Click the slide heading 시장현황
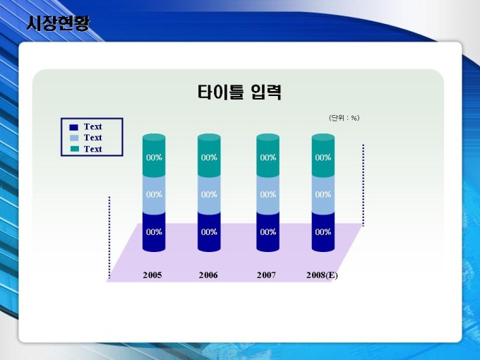pyautogui.click(x=58, y=23)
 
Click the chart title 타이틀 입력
pyautogui.click(x=239, y=92)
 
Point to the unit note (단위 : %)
pyautogui.click(x=344, y=118)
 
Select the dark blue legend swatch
pyautogui.click(x=74, y=127)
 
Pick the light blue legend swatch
pyautogui.click(x=74, y=138)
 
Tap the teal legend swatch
pyautogui.click(x=74, y=149)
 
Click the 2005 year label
pyautogui.click(x=152, y=275)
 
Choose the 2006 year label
pyautogui.click(x=208, y=275)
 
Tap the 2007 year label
pyautogui.click(x=266, y=275)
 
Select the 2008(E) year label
pyautogui.click(x=322, y=275)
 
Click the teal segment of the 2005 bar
pyautogui.click(x=154, y=155)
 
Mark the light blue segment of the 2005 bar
pyautogui.click(x=154, y=196)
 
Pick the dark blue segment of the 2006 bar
pyautogui.click(x=209, y=232)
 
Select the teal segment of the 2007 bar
pyautogui.click(x=268, y=155)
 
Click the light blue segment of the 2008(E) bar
pyautogui.click(x=323, y=196)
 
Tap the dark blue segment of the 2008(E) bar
pyautogui.click(x=323, y=232)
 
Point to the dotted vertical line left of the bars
pyautogui.click(x=109, y=238)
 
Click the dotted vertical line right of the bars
pyautogui.click(x=364, y=186)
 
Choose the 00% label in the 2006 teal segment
pyautogui.click(x=209, y=157)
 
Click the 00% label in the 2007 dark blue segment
pyautogui.click(x=268, y=232)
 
